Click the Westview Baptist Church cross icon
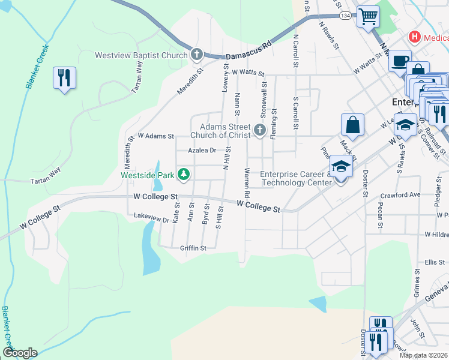pos(196,55)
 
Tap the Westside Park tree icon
pos(184,175)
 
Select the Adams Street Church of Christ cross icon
pos(259,130)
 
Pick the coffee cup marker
pos(400,61)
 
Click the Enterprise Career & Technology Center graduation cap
pos(341,167)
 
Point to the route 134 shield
pos(345,15)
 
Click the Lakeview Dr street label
pos(151,220)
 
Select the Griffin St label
pos(193,248)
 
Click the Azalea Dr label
pos(201,151)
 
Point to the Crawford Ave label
pos(400,195)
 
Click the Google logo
pos(20,353)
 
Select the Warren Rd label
pos(247,184)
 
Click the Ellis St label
pos(434,262)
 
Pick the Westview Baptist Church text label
pos(142,56)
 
